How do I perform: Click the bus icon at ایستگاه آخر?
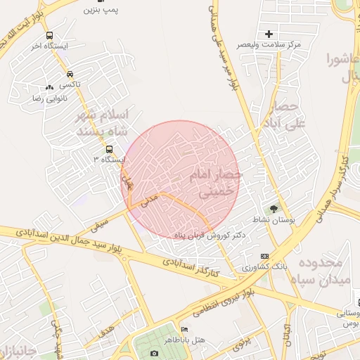pyautogui.click(x=49, y=35)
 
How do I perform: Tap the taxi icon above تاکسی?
pyautogui.click(x=70, y=74)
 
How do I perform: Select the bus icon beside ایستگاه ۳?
pyautogui.click(x=108, y=149)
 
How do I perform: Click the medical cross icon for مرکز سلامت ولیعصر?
pyautogui.click(x=269, y=34)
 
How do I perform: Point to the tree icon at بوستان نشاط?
pyautogui.click(x=274, y=209)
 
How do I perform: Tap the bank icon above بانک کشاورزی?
pyautogui.click(x=264, y=256)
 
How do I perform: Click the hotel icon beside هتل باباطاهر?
pyautogui.click(x=185, y=329)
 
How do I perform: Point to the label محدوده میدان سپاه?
pyautogui.click(x=320, y=271)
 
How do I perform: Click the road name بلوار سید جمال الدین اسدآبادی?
pyautogui.click(x=70, y=238)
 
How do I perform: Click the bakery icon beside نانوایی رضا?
pyautogui.click(x=49, y=87)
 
